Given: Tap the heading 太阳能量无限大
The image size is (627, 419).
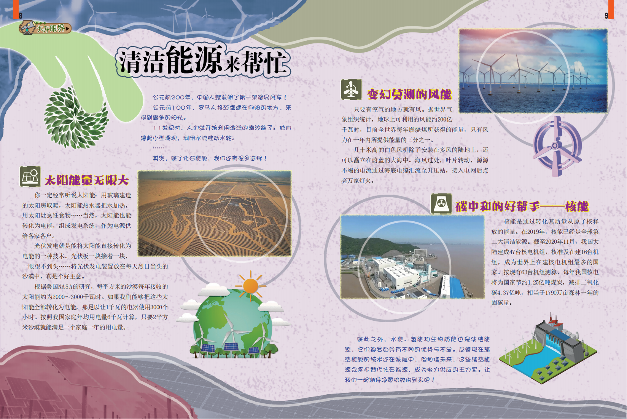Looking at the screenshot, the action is pyautogui.click(x=87, y=180).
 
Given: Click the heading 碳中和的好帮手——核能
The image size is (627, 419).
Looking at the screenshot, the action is pyautogui.click(x=522, y=206).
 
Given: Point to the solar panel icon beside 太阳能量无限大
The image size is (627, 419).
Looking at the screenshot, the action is pyautogui.click(x=30, y=177).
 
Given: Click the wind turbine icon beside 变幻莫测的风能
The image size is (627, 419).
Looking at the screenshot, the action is pyautogui.click(x=351, y=90).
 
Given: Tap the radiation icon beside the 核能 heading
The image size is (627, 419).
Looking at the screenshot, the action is pyautogui.click(x=441, y=204).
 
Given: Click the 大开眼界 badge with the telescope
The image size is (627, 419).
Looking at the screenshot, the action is pyautogui.click(x=45, y=28).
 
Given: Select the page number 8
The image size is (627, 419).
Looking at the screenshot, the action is pyautogui.click(x=21, y=15).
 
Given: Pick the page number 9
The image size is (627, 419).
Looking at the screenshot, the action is pyautogui.click(x=606, y=16).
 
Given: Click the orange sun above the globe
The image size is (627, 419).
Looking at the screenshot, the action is pyautogui.click(x=250, y=286).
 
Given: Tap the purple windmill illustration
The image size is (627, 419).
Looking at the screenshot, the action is pyautogui.click(x=557, y=146).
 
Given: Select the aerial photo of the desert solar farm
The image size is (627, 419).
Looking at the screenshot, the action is pyautogui.click(x=215, y=213).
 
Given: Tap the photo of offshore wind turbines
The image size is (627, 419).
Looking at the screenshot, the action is pyautogui.click(x=533, y=71).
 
